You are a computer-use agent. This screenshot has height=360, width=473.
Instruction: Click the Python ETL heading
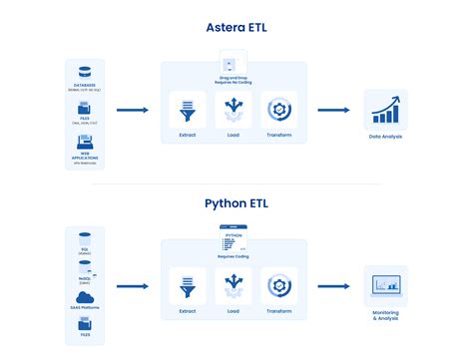[x=236, y=203]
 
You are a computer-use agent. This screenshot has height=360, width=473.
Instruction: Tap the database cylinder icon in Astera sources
[x=85, y=72]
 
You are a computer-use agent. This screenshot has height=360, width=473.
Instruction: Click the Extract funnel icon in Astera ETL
[x=187, y=108]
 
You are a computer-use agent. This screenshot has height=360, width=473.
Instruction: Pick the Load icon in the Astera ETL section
[x=233, y=108]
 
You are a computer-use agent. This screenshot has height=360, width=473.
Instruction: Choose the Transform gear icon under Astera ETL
[x=278, y=108]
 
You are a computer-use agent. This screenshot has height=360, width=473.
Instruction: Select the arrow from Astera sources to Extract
[x=133, y=111]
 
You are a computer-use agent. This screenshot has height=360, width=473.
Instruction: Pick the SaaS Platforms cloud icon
[x=85, y=297]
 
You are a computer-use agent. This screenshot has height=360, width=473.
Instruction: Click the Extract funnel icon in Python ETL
[x=187, y=285]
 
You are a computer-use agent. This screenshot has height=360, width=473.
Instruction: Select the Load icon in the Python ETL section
[x=233, y=285]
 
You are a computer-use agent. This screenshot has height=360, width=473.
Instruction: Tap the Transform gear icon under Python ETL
[x=278, y=285]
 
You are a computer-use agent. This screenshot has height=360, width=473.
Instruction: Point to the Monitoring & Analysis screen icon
[x=385, y=285]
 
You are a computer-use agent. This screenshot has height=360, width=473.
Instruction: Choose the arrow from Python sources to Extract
[x=133, y=287]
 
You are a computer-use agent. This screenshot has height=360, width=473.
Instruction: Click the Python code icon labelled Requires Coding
[x=232, y=240]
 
